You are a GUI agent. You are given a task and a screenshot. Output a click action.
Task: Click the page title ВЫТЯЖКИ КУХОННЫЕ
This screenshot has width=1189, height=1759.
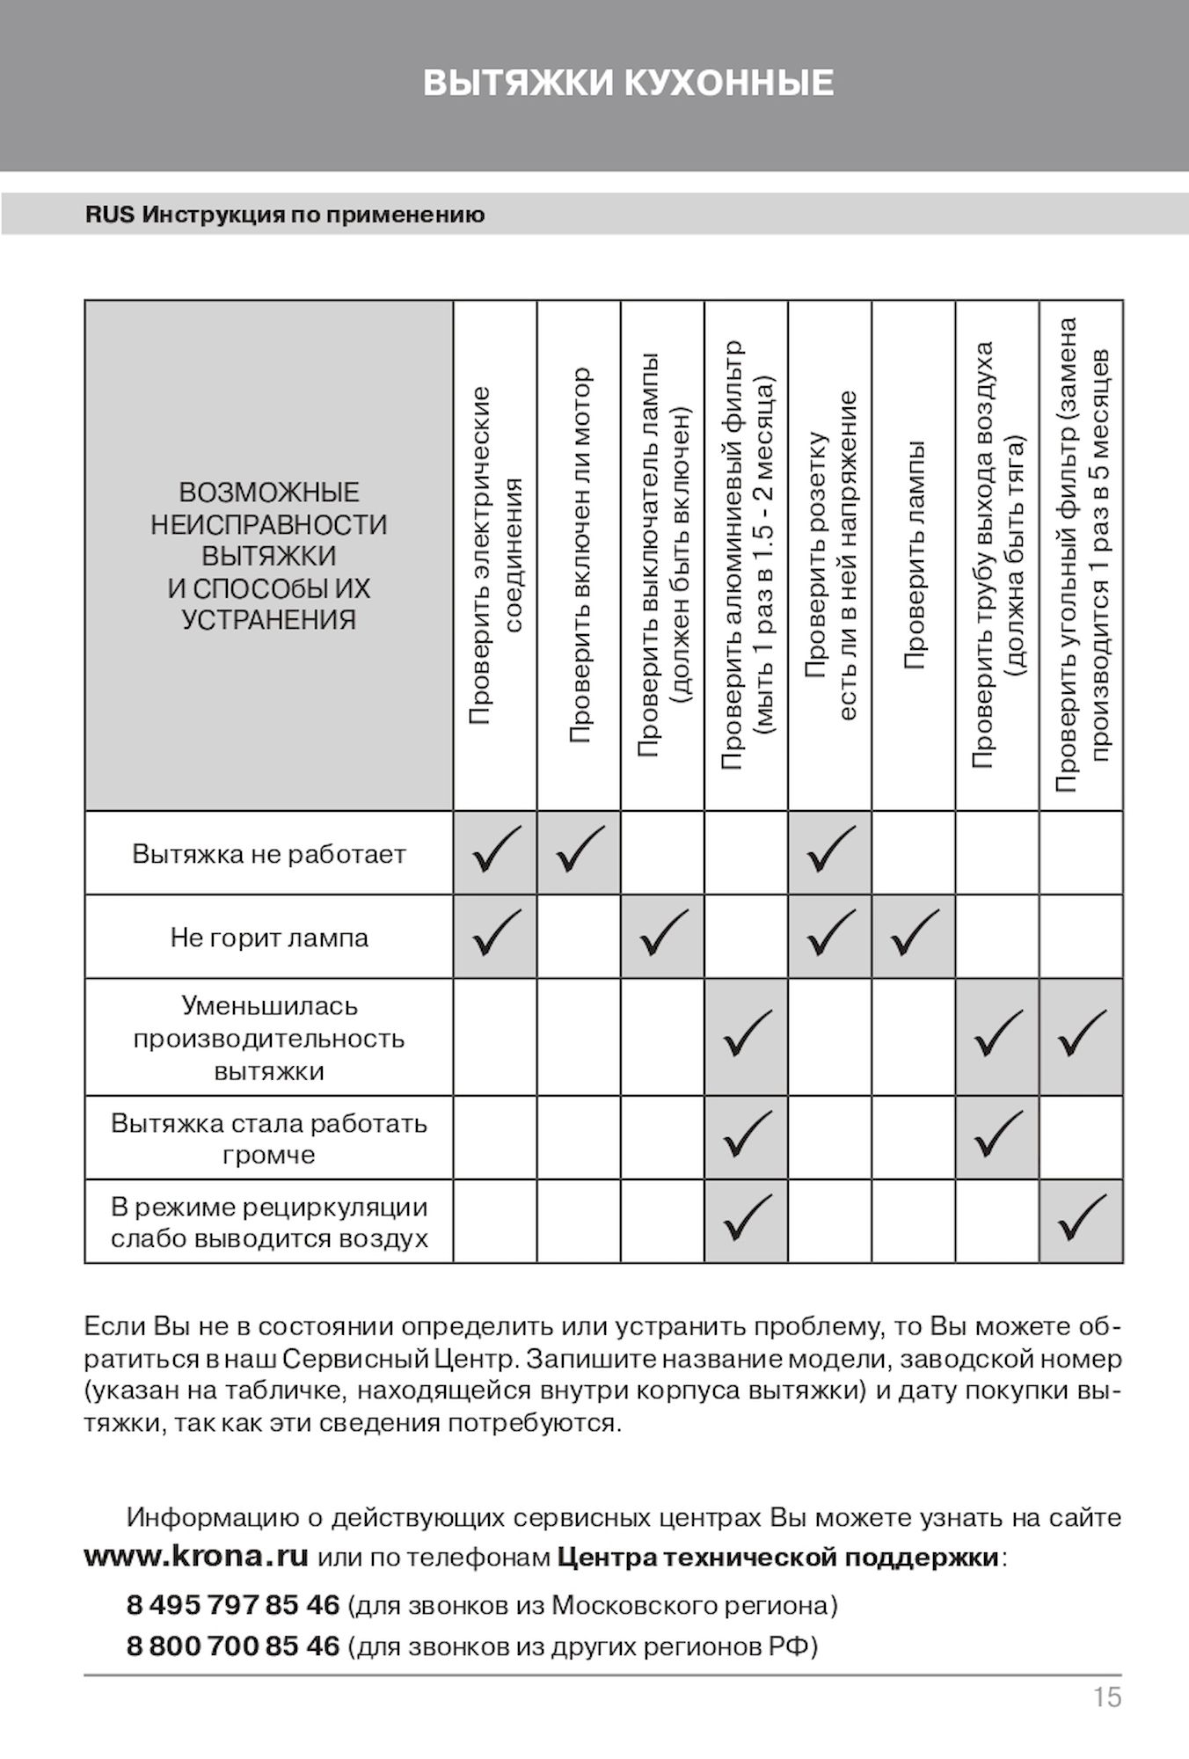(x=628, y=83)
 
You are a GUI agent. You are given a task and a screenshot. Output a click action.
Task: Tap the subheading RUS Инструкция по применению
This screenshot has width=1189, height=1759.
(x=285, y=215)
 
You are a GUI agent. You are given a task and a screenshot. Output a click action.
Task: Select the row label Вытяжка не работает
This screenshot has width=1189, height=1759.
(x=269, y=854)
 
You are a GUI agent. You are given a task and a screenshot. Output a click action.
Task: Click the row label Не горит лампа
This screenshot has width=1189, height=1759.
(x=269, y=938)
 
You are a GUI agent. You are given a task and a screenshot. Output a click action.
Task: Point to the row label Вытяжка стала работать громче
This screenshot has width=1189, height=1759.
(x=269, y=1139)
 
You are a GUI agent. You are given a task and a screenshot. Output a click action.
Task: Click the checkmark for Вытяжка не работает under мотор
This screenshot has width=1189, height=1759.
(x=580, y=850)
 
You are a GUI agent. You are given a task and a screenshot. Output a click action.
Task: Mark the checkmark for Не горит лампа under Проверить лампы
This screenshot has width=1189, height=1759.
(x=914, y=934)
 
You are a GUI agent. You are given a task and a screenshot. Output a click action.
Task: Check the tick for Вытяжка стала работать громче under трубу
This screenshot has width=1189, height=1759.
(x=998, y=1135)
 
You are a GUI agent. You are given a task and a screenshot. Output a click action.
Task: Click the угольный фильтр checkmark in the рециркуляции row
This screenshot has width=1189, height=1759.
(x=1082, y=1219)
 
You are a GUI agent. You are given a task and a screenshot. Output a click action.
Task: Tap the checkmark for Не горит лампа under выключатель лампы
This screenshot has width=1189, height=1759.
(x=663, y=934)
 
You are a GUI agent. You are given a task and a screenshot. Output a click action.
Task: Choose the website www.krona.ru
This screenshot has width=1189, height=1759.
(x=196, y=1556)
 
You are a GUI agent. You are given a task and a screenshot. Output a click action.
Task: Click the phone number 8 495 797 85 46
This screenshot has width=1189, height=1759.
(x=233, y=1605)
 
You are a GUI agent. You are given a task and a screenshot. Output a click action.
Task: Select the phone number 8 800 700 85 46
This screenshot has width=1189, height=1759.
(x=233, y=1646)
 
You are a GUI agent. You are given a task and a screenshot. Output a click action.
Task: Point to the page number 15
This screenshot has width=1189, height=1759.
(x=1107, y=1697)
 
